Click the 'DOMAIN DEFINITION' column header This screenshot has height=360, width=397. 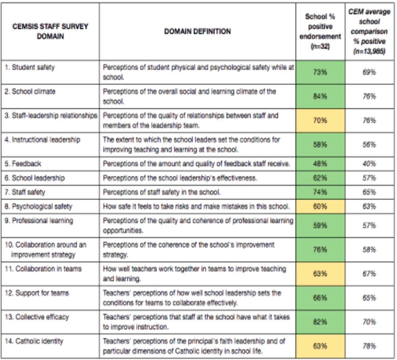(197, 31)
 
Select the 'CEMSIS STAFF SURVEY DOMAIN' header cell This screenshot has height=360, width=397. (50, 31)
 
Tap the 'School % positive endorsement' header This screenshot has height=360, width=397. (320, 31)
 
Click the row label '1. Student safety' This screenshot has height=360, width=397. (30, 67)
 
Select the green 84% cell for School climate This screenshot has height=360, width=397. (320, 96)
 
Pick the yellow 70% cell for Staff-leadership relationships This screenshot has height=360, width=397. (320, 120)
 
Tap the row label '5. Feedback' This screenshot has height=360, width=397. (23, 164)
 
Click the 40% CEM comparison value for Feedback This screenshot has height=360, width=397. (369, 164)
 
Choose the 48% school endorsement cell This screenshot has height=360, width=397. (320, 164)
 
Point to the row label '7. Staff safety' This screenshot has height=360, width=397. (25, 192)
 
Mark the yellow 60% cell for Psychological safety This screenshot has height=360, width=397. (320, 206)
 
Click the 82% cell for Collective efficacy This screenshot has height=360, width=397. (320, 322)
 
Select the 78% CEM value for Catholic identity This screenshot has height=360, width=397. (369, 346)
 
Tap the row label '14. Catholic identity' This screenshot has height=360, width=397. (34, 341)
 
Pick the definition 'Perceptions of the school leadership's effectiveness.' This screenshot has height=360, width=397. (180, 178)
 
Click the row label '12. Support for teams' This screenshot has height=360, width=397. (37, 293)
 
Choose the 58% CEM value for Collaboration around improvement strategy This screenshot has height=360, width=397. (369, 250)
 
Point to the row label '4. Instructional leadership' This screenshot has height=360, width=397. (42, 140)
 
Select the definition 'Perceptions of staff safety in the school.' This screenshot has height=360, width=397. (162, 192)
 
